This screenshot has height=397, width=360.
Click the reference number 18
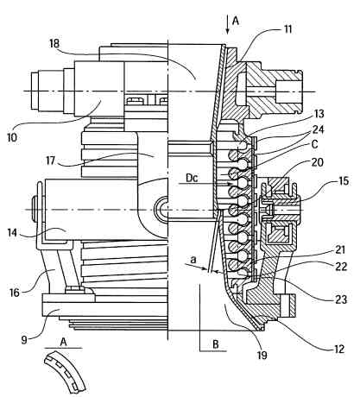pyautogui.click(x=54, y=43)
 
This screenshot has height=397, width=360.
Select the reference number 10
pyautogui.click(x=12, y=137)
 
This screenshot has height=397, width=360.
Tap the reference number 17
pyautogui.click(x=50, y=161)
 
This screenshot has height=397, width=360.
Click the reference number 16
pyautogui.click(x=15, y=293)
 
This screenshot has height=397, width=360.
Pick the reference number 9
pyautogui.click(x=24, y=339)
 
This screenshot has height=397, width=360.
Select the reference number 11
pyautogui.click(x=287, y=29)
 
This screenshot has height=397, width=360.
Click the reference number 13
pyautogui.click(x=319, y=114)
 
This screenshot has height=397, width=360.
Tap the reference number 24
pyautogui.click(x=319, y=129)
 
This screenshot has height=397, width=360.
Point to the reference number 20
pyautogui.click(x=318, y=162)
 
